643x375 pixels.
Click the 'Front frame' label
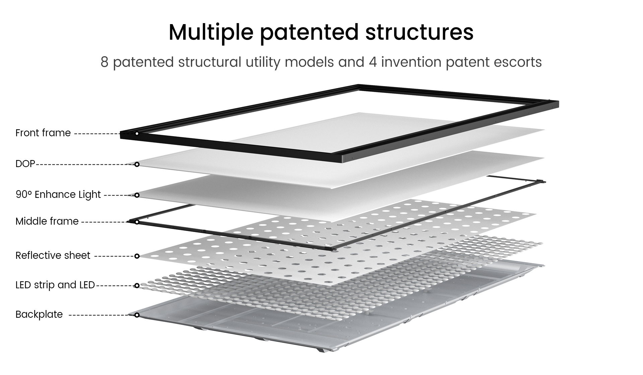(43, 133)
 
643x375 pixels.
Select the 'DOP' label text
(25, 164)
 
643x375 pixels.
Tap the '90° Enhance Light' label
(58, 195)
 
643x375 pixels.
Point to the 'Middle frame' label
(47, 221)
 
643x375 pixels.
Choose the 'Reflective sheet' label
(53, 255)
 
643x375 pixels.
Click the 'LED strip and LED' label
(55, 285)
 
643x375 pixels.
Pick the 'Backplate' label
(39, 314)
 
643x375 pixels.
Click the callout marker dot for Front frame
(137, 134)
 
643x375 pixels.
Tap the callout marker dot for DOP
(137, 164)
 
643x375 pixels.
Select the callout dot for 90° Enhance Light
(137, 195)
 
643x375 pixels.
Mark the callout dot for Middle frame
(137, 222)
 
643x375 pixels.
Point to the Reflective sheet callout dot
(137, 256)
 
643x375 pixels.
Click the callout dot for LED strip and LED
(137, 286)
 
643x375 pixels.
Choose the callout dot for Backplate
(137, 315)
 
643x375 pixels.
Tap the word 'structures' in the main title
(419, 32)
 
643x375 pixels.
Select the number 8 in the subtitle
(104, 62)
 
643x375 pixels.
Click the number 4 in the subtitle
(373, 62)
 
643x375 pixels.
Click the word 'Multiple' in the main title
(211, 32)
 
